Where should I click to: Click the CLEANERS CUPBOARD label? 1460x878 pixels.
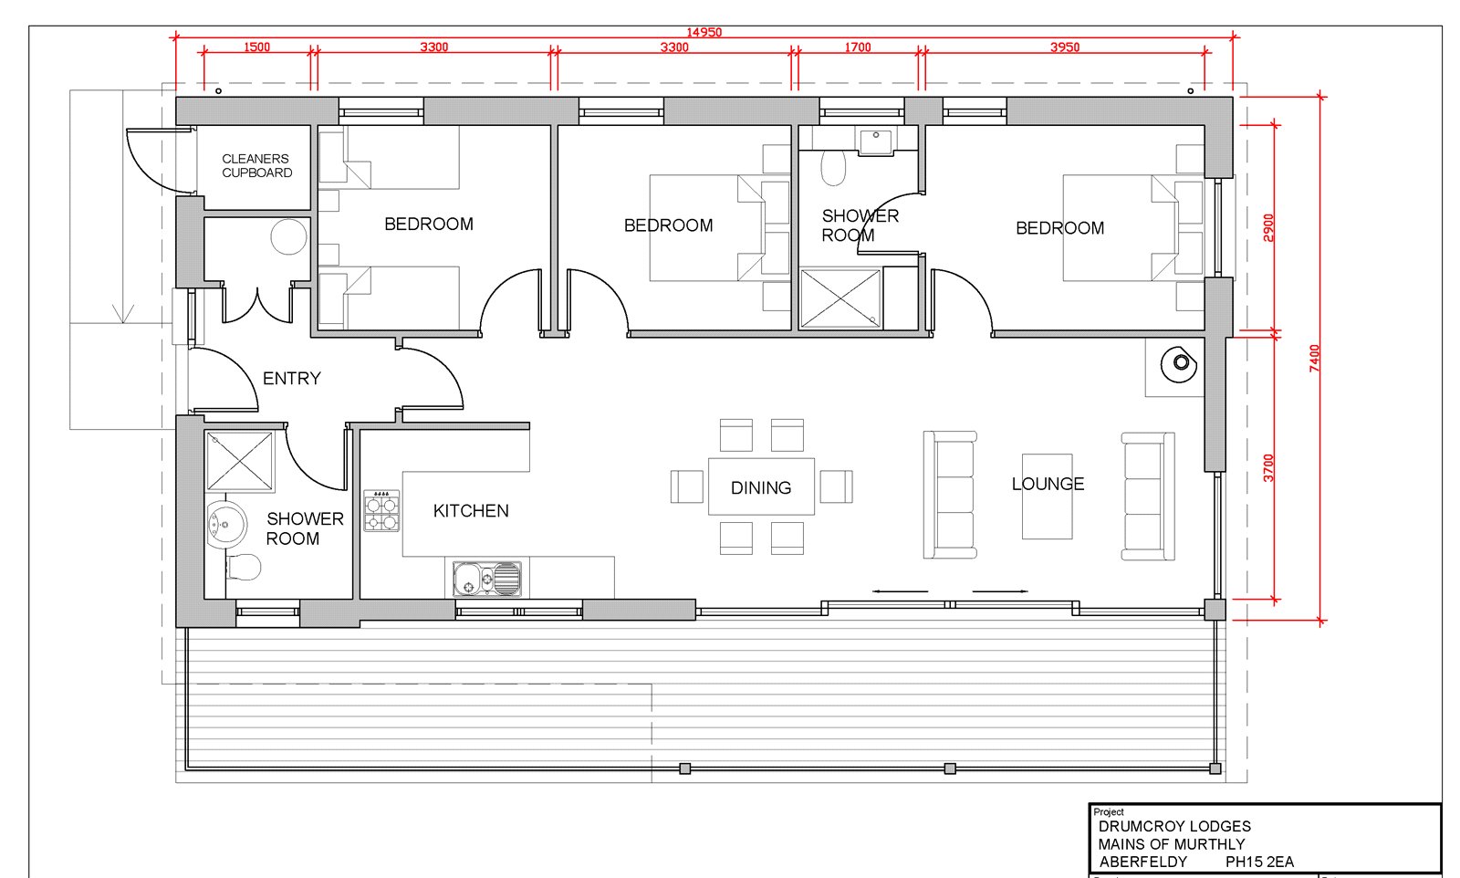(x=256, y=165)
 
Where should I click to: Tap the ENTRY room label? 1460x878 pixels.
(x=291, y=378)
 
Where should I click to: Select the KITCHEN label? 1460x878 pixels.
(x=471, y=510)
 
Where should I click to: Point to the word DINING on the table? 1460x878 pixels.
(x=761, y=487)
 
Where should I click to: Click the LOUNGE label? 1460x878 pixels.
(x=1048, y=484)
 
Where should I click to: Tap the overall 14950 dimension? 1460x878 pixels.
(x=704, y=32)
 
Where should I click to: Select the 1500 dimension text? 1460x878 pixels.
(x=256, y=47)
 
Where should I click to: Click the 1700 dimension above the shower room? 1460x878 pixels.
(x=858, y=47)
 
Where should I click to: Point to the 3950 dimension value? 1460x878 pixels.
(x=1065, y=47)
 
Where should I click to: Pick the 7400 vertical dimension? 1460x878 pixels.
(x=1314, y=359)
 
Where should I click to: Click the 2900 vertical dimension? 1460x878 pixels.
(x=1268, y=228)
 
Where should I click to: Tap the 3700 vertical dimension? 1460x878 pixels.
(x=1268, y=468)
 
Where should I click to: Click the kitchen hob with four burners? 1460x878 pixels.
(x=381, y=511)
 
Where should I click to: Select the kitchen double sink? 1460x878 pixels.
(x=487, y=579)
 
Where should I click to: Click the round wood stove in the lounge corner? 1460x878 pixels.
(x=1179, y=364)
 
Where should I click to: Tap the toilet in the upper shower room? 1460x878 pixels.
(x=833, y=168)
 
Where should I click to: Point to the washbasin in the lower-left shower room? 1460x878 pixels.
(x=226, y=524)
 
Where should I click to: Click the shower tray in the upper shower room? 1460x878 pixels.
(x=840, y=298)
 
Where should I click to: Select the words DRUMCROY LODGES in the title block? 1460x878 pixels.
(x=1174, y=827)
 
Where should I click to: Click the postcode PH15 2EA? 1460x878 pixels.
(x=1259, y=862)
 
